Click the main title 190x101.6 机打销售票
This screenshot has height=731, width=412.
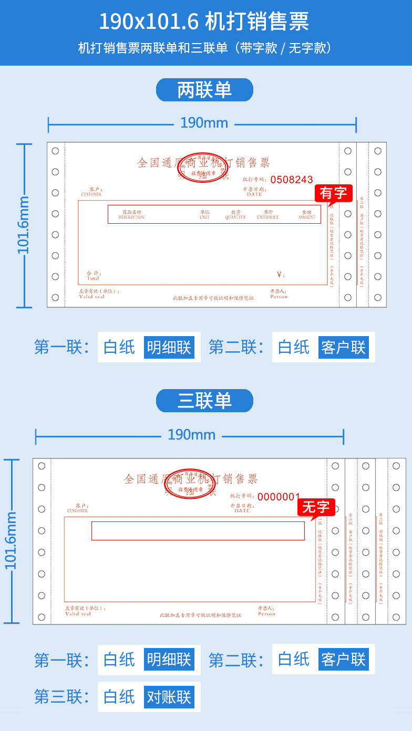[204, 22]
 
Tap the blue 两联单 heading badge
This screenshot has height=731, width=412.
[204, 90]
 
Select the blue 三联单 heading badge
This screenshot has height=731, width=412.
[204, 401]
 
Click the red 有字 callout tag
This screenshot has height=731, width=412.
[333, 193]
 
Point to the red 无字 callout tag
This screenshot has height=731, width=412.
[316, 507]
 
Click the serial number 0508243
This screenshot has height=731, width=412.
[292, 180]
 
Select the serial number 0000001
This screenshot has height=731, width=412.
[279, 497]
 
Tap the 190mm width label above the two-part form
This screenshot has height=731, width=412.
[204, 123]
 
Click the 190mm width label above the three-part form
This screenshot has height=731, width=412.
[191, 435]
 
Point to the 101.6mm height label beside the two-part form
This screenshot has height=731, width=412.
[24, 225]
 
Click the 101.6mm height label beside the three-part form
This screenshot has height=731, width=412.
[11, 540]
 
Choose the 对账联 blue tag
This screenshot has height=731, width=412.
[169, 697]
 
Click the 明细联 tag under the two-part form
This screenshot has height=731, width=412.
[169, 348]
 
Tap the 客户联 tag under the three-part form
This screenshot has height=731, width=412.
[343, 660]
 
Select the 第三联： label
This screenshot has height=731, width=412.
[61, 697]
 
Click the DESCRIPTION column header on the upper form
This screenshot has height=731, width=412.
[131, 216]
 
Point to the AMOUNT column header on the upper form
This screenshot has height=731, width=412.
[307, 216]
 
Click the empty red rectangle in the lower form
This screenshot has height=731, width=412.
[198, 531]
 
